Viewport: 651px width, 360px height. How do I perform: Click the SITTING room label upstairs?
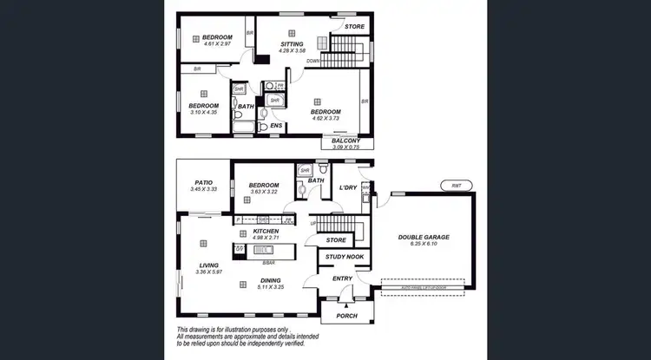292,43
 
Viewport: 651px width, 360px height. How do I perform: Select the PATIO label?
204,182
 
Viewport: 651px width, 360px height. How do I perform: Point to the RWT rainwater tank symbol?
456,186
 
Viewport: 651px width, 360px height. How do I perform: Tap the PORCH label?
346,317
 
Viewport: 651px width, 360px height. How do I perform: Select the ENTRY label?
342,278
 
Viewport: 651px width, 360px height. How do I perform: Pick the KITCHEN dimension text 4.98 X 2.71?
265,239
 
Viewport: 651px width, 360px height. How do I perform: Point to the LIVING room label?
207,265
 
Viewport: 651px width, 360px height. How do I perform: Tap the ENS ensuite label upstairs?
276,126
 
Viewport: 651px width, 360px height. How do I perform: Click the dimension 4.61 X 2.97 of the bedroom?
217,45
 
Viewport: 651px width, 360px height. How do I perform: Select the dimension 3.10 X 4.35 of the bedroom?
204,113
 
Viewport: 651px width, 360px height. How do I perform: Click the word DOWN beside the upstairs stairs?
313,62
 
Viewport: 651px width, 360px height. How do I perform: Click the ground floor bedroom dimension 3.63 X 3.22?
264,192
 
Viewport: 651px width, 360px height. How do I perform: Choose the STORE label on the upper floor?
354,27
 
